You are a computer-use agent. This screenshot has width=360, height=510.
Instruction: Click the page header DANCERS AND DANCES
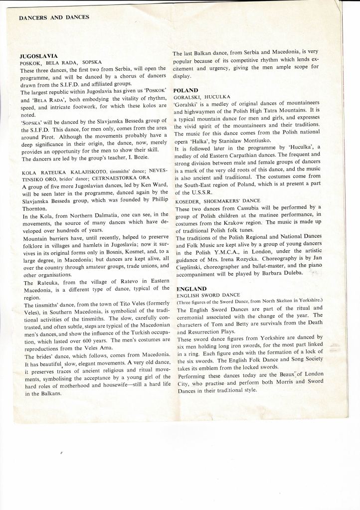click(54, 17)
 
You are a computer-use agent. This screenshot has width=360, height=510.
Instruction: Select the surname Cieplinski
click(191, 266)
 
